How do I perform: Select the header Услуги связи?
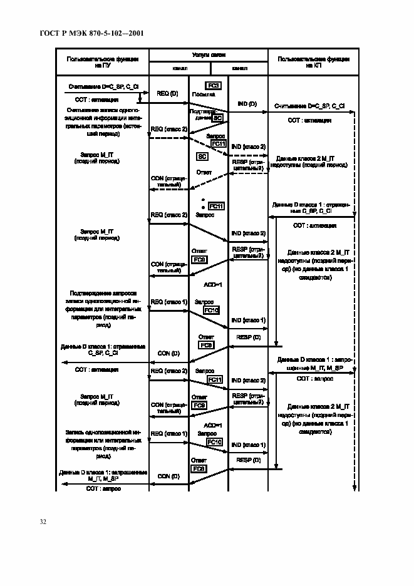(209, 56)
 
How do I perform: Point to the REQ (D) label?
(167, 93)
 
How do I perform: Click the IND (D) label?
(247, 103)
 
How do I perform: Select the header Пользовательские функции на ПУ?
(103, 61)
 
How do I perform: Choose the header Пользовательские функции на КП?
(313, 61)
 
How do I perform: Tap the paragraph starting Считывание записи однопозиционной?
(103, 121)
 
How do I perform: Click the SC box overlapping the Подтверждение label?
(218, 118)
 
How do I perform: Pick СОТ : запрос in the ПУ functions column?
(103, 488)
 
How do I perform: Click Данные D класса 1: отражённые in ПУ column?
(103, 350)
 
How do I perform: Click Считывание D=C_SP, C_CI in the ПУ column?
(103, 85)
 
